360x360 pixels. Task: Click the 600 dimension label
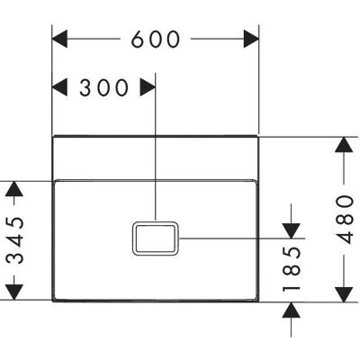[x=156, y=40]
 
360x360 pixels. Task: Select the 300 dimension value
[x=103, y=87]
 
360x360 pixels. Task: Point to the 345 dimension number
[x=14, y=239]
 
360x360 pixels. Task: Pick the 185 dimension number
[x=292, y=269]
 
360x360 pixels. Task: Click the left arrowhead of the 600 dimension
[x=59, y=39]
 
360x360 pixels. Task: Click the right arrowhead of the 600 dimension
[x=251, y=39]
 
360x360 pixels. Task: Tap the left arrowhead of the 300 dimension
[x=59, y=87]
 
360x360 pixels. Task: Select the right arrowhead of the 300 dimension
[x=148, y=87]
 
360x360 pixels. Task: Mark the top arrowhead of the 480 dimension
[x=344, y=145]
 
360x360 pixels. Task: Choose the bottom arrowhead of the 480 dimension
[x=344, y=294]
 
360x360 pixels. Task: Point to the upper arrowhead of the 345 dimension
[x=14, y=189]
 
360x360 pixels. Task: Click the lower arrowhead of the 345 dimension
[x=14, y=292]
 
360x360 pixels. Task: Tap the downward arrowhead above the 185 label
[x=292, y=231]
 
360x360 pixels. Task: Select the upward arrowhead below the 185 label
[x=292, y=310]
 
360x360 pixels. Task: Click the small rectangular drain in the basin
[x=156, y=238]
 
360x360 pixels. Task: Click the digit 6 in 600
[x=138, y=40]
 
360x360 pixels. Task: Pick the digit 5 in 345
[x=14, y=222]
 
